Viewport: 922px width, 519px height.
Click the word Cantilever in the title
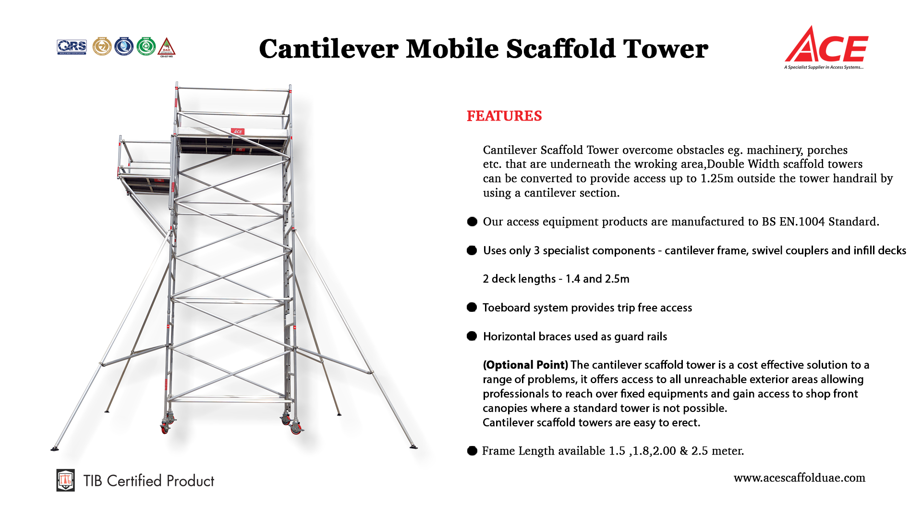329,49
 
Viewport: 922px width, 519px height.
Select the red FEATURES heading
504,116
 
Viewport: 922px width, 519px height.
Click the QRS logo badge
72,47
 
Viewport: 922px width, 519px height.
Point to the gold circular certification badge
102,47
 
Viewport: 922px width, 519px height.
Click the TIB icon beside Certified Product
65,480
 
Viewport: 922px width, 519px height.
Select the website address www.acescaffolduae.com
800,478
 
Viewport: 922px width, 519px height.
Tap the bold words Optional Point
525,365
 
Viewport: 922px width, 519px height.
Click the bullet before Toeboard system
472,308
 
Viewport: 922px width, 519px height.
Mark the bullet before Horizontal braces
472,336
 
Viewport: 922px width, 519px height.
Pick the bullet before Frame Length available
473,451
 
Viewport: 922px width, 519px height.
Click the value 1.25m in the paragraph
717,179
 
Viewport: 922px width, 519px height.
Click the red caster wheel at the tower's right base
296,428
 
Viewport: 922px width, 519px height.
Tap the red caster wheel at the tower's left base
165,428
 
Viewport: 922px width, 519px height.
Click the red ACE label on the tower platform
238,131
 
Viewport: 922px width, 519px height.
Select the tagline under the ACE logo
824,67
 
